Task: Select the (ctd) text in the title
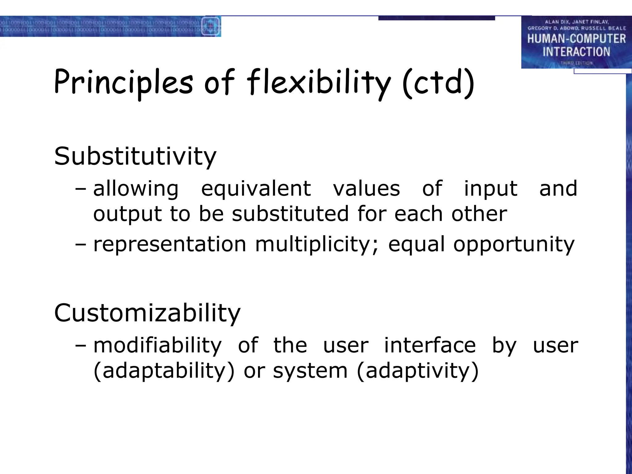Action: tap(438, 83)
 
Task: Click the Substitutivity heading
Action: tap(135, 156)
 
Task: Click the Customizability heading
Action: tap(147, 313)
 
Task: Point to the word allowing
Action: tap(136, 189)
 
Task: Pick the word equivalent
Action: tap(256, 189)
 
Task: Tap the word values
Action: tap(366, 189)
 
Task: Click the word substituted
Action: tap(290, 214)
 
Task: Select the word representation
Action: tap(169, 244)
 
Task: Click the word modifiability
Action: tap(157, 345)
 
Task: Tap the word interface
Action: tap(430, 345)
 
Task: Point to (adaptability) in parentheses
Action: tap(164, 371)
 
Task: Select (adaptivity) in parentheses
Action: tap(418, 371)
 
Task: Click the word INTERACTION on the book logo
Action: tap(576, 52)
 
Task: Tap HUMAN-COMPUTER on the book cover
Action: tap(576, 39)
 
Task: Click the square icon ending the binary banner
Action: tap(210, 26)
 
